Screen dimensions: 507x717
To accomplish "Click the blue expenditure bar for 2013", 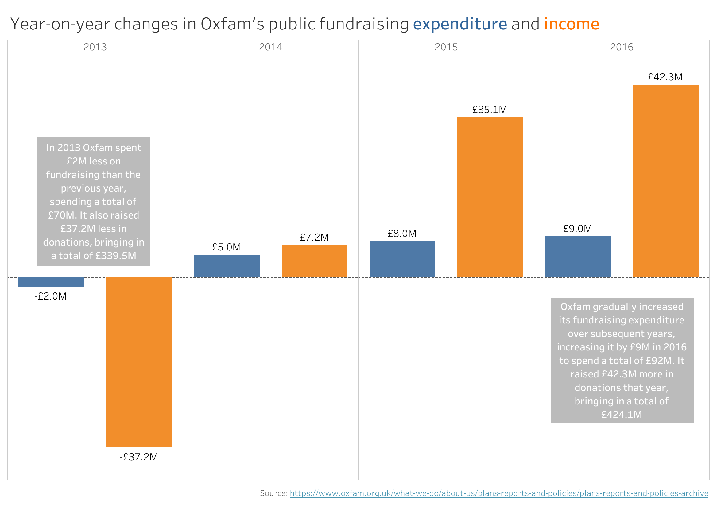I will pyautogui.click(x=51, y=282).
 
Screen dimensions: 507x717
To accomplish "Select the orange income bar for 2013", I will pyautogui.click(x=139, y=362).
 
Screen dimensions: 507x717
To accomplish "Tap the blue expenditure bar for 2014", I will pyautogui.click(x=227, y=266).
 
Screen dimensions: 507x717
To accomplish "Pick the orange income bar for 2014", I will pyautogui.click(x=315, y=261).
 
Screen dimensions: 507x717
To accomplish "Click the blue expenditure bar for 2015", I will pyautogui.click(x=402, y=259).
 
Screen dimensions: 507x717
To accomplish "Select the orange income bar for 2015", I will pyautogui.click(x=490, y=197).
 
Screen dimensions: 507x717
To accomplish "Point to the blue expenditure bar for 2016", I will pyautogui.click(x=578, y=257).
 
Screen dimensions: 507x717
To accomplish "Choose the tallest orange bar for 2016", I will pyautogui.click(x=665, y=181).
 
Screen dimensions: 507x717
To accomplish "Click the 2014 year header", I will pyautogui.click(x=270, y=47).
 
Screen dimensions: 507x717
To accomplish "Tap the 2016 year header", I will pyautogui.click(x=622, y=47).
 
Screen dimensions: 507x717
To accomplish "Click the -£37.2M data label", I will pyautogui.click(x=139, y=457).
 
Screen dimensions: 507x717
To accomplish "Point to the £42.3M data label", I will pyautogui.click(x=665, y=77).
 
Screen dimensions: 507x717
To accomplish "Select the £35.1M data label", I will pyautogui.click(x=490, y=110).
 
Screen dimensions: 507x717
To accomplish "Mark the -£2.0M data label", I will pyautogui.click(x=51, y=296).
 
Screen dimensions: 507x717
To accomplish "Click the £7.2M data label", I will pyautogui.click(x=314, y=237).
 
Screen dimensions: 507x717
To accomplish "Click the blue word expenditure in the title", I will pyautogui.click(x=460, y=24).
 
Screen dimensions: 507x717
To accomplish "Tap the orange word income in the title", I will pyautogui.click(x=572, y=24).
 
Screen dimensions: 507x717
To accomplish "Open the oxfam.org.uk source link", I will pyautogui.click(x=499, y=493).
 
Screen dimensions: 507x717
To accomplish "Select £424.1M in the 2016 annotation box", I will pyautogui.click(x=622, y=415).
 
